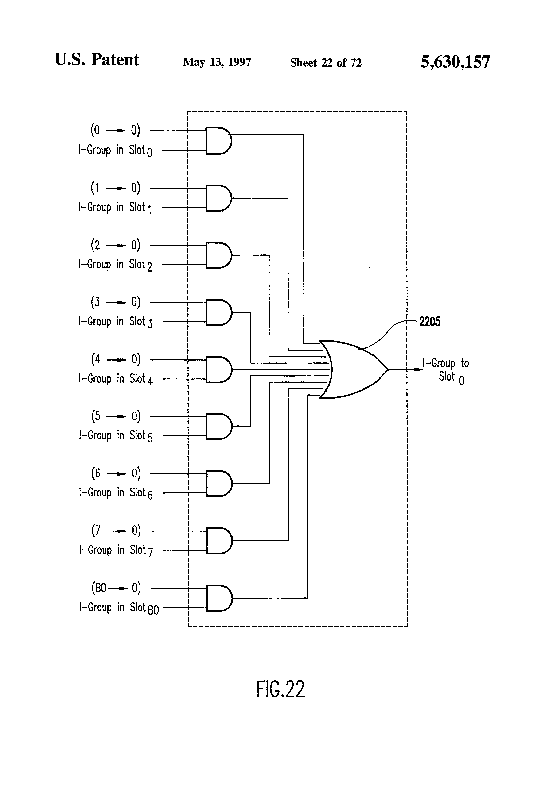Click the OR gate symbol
(x=355, y=369)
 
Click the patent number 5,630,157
(x=455, y=62)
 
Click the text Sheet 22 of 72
(x=326, y=63)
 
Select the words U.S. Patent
(x=97, y=60)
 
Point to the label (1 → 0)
(x=115, y=188)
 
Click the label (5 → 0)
(x=116, y=416)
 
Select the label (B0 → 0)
(x=116, y=588)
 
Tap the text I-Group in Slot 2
(x=115, y=265)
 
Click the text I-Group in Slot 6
(x=115, y=493)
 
